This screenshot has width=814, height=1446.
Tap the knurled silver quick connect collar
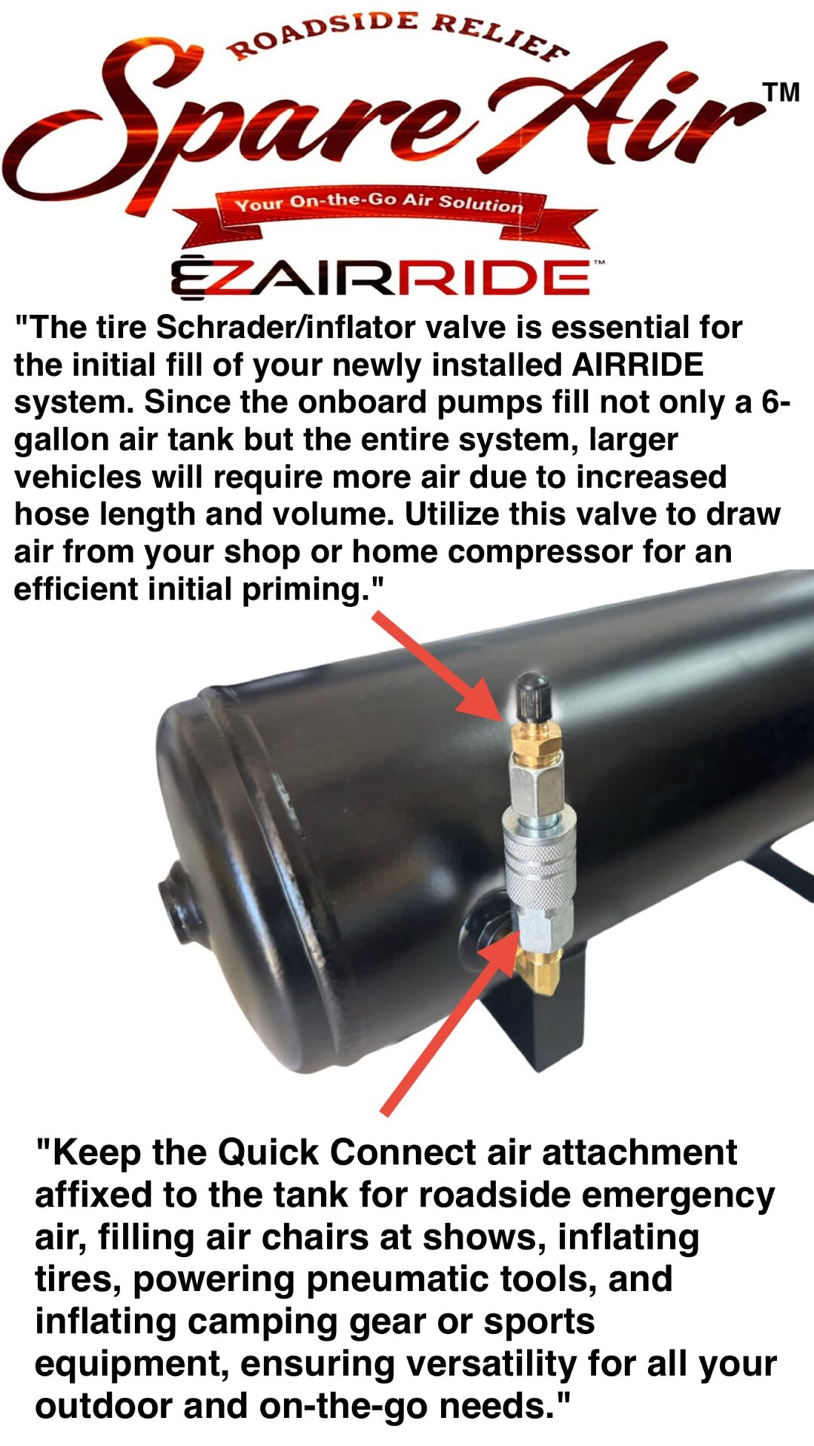(x=538, y=867)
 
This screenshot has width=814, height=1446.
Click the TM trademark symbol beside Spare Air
(x=781, y=93)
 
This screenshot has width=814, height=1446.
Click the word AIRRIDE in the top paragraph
(x=638, y=365)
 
